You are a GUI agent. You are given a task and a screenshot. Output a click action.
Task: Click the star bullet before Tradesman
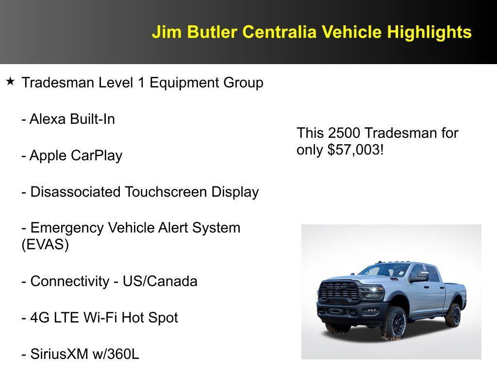pos(10,81)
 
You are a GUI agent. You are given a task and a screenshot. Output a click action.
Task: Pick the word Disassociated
pos(76,192)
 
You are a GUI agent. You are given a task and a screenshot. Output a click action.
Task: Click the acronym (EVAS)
pos(45,244)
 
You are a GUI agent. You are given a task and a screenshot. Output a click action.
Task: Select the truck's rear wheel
pos(453,314)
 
